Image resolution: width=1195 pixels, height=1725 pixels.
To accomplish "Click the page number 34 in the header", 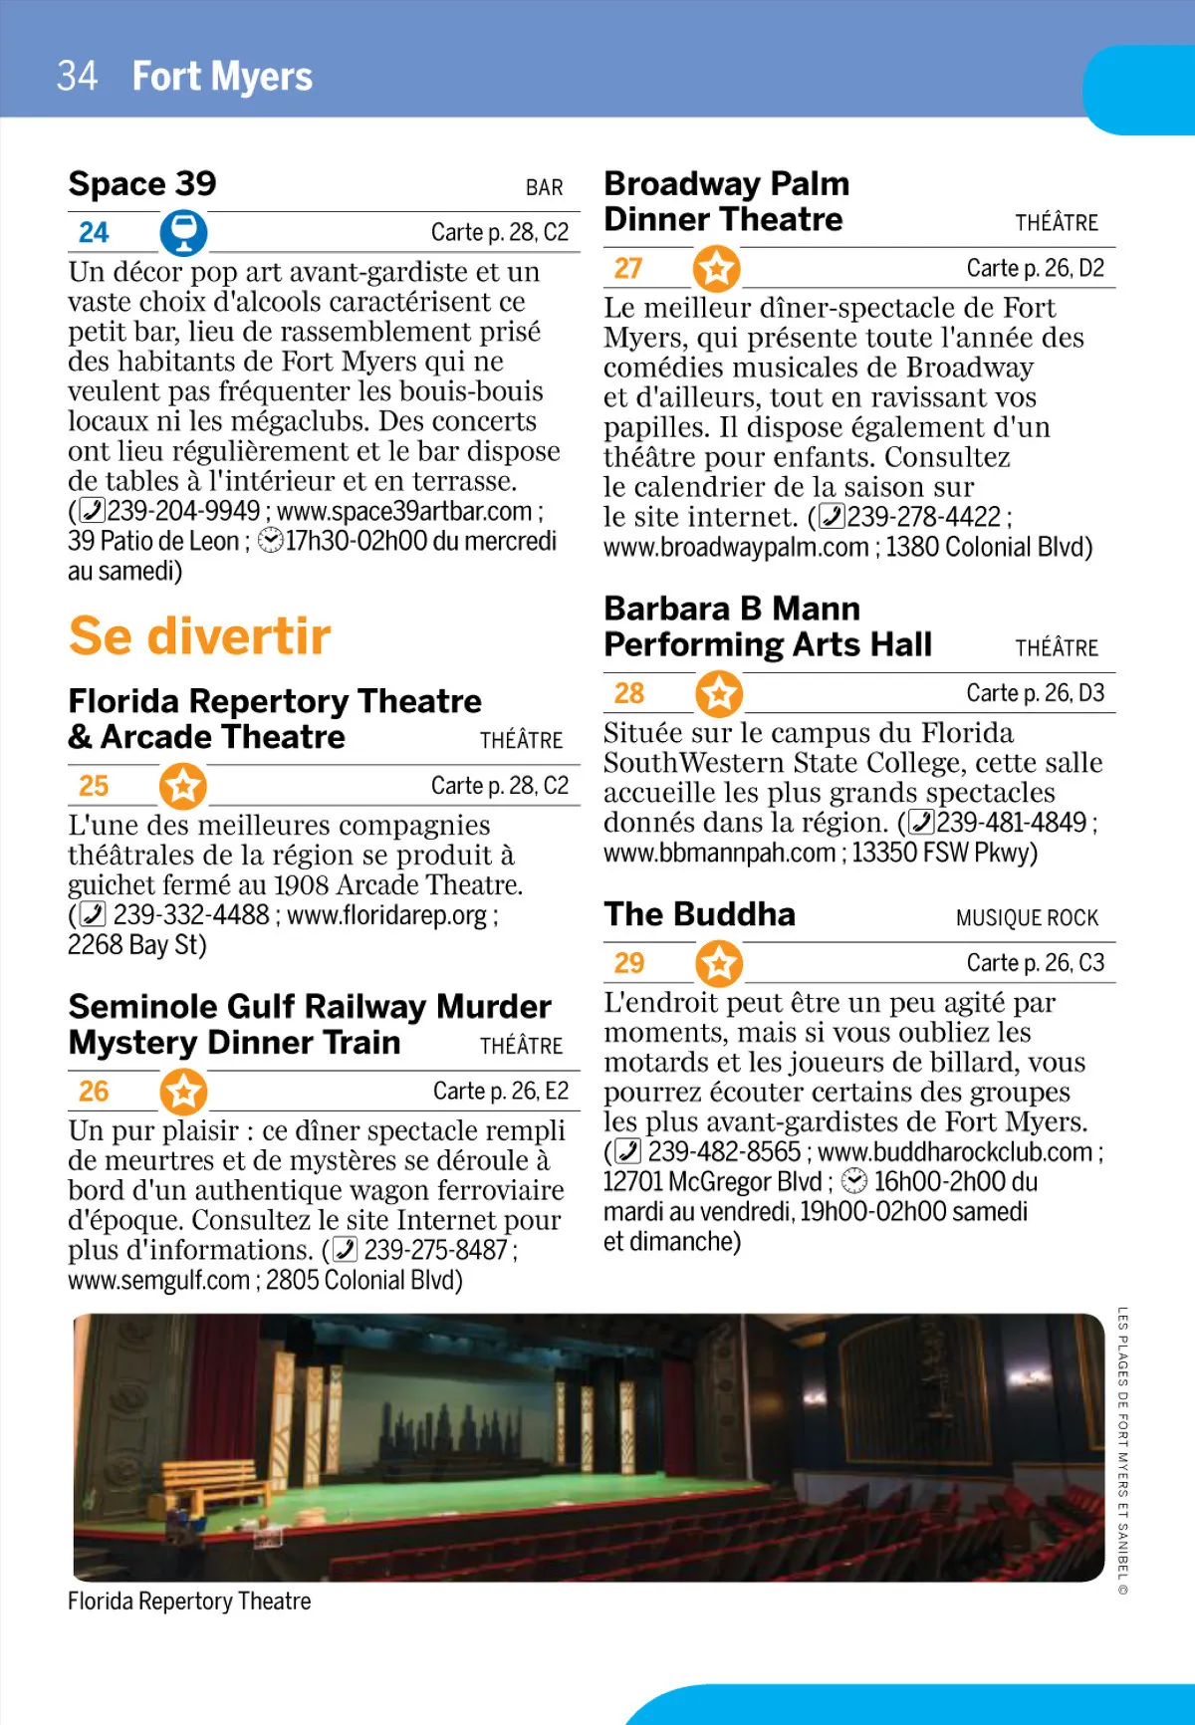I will (77, 77).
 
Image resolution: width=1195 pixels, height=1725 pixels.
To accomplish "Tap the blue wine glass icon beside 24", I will (183, 233).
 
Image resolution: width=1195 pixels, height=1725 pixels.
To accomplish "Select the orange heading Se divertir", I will (199, 636).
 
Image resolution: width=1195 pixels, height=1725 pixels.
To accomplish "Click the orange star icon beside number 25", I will (183, 786).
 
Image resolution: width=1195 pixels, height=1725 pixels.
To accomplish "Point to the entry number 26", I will (94, 1092).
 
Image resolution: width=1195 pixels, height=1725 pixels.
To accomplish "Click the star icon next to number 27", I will (717, 269).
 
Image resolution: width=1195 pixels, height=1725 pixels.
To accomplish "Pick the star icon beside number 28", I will (719, 693).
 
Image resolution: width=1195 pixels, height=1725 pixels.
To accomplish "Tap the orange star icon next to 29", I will (719, 963).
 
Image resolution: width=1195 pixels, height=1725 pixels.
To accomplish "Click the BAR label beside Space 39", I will (544, 188).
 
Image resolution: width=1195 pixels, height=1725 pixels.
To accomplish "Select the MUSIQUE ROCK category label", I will (1027, 918).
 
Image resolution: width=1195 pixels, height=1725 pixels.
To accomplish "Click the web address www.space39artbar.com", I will (404, 512).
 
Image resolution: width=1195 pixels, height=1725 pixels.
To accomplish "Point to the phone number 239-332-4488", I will (191, 915).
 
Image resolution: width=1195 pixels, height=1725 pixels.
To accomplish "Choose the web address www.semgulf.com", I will (158, 1281).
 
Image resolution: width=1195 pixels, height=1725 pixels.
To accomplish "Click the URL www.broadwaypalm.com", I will (736, 548).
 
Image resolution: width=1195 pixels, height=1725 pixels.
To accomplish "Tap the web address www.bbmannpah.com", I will (719, 854).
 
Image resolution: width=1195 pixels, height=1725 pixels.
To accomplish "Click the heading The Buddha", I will (699, 914).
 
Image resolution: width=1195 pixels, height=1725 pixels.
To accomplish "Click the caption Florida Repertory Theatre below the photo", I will (189, 1602).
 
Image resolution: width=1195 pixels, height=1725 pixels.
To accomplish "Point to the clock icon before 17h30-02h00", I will (270, 541).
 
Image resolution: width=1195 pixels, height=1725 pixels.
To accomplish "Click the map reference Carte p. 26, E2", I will (500, 1092).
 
